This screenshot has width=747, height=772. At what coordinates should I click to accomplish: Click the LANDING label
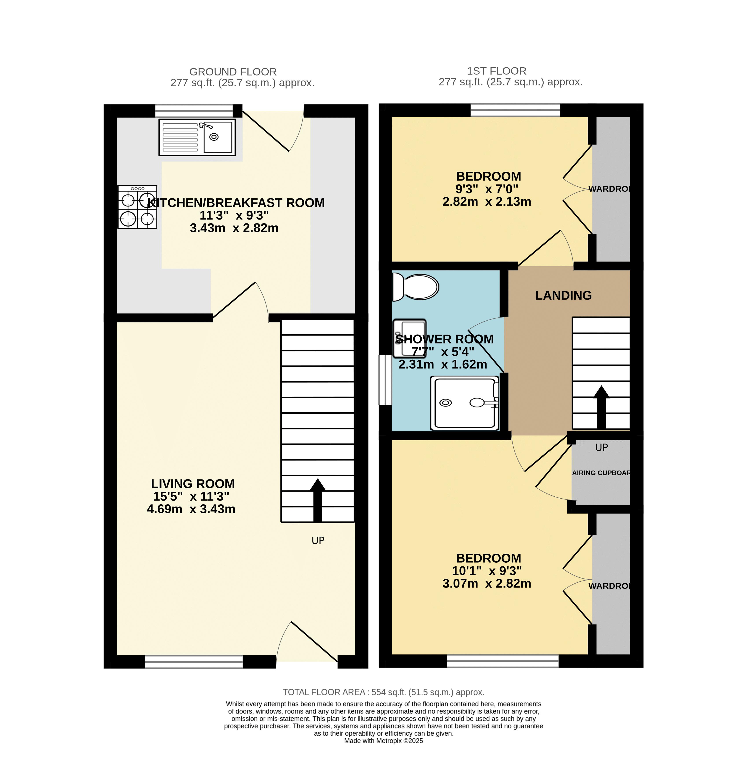[x=563, y=295]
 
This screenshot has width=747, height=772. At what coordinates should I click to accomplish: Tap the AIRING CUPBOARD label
[x=601, y=473]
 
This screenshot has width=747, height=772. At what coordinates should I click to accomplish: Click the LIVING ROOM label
[x=193, y=484]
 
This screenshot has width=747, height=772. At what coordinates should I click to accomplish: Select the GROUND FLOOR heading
[x=233, y=72]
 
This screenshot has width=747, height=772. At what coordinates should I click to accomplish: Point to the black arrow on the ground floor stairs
[x=317, y=500]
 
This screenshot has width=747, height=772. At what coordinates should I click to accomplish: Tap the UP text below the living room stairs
[x=318, y=540]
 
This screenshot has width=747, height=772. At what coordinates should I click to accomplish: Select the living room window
[x=194, y=661]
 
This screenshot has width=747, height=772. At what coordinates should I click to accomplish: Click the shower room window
[x=385, y=380]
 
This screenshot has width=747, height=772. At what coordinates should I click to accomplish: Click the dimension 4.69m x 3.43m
[x=191, y=509]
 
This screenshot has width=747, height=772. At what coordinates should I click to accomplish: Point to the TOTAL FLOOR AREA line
[x=383, y=692]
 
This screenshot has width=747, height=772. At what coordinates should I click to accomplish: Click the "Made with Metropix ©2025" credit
[x=383, y=741]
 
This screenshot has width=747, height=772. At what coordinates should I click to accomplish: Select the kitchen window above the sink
[x=194, y=111]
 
